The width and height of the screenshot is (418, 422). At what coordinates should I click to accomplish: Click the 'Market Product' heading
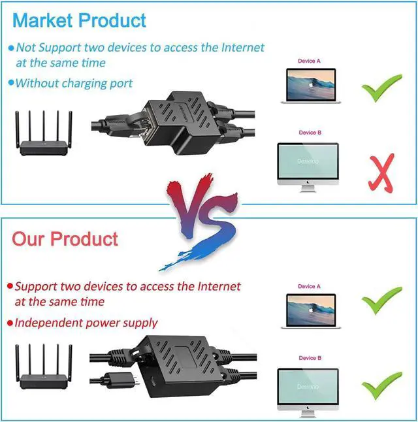79,20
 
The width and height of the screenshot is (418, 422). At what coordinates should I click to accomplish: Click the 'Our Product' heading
65,238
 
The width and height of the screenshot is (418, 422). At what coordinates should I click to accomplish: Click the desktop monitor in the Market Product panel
308,165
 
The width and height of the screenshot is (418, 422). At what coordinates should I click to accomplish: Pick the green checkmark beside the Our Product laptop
382,302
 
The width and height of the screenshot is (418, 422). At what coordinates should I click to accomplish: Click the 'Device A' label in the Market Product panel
310,61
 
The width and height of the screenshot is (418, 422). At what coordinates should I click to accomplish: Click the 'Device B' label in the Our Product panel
310,358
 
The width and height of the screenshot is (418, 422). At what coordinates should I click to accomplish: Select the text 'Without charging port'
73,84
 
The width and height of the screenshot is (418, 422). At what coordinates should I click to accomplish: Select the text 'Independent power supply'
86,323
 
